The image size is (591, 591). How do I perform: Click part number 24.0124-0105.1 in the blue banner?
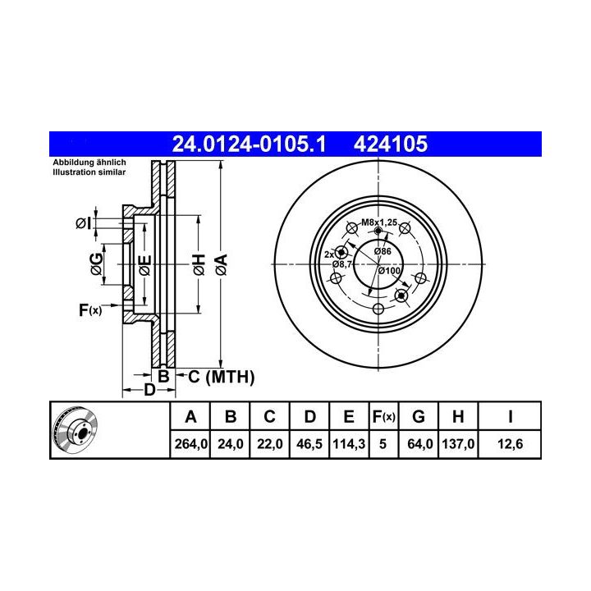click(249, 144)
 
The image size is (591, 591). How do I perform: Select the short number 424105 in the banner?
click(391, 144)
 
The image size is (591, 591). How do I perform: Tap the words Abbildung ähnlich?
click(89, 163)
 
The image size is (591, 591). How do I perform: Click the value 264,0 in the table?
click(190, 444)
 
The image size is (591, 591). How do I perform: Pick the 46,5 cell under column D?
click(309, 444)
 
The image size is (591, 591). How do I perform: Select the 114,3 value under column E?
click(349, 444)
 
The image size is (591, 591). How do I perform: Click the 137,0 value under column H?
click(458, 444)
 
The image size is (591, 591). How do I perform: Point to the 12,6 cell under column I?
click(510, 444)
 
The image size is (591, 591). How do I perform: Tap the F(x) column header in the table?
click(383, 417)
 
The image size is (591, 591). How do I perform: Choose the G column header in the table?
click(419, 417)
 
